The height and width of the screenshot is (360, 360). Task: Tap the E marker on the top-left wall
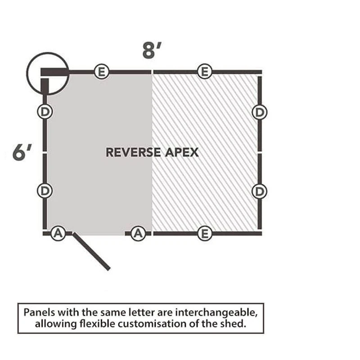[102, 72]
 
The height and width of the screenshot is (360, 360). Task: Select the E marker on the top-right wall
[205, 72]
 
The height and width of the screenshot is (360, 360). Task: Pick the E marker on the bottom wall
[205, 234]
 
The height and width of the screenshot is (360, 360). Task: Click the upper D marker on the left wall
[45, 112]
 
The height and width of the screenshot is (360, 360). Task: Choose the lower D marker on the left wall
[45, 190]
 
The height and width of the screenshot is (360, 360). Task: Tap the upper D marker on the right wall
[259, 112]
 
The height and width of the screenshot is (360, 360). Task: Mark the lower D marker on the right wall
[259, 191]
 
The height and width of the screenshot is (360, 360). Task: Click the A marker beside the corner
[57, 233]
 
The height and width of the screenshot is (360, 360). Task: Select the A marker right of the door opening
[138, 233]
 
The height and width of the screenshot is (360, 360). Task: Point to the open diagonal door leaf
[91, 252]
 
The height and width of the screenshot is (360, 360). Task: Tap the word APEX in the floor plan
[181, 152]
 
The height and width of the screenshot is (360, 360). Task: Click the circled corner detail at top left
[47, 73]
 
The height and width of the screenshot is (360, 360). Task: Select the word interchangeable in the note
[220, 312]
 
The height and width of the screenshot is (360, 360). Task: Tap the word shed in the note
[235, 324]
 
